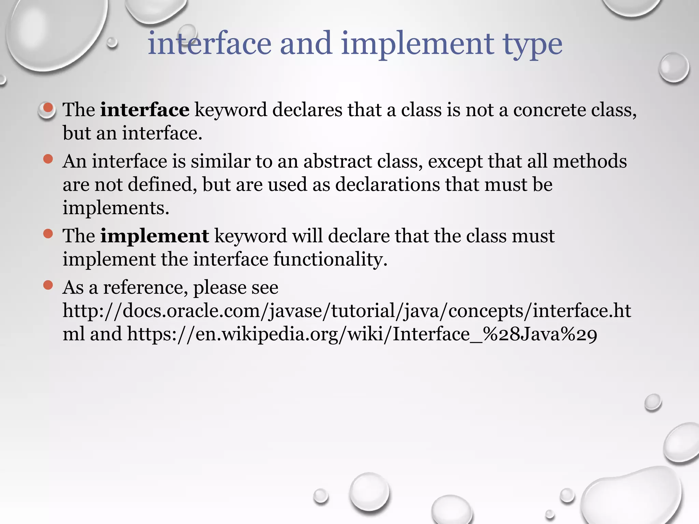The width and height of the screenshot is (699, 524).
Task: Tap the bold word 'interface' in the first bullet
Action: pyautogui.click(x=144, y=110)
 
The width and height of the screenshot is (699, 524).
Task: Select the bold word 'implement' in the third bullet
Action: pyautogui.click(x=154, y=236)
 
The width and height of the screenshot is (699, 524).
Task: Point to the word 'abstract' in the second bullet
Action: pyautogui.click(x=338, y=161)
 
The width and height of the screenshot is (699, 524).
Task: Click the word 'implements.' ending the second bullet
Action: pyautogui.click(x=116, y=208)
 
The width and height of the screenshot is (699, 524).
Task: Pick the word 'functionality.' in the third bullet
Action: pyautogui.click(x=330, y=259)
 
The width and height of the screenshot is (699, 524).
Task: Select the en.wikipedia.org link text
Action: pyautogui.click(x=362, y=334)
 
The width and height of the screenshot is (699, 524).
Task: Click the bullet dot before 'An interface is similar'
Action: pyautogui.click(x=48, y=159)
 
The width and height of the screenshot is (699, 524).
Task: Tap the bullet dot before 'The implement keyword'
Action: pyautogui.click(x=48, y=234)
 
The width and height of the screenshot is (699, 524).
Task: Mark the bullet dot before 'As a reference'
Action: pyautogui.click(x=48, y=285)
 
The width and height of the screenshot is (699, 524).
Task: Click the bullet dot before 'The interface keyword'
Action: pyautogui.click(x=48, y=108)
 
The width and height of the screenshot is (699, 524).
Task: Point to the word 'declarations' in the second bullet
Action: pyautogui.click(x=387, y=185)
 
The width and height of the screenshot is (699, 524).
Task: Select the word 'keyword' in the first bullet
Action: pyautogui.click(x=231, y=110)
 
